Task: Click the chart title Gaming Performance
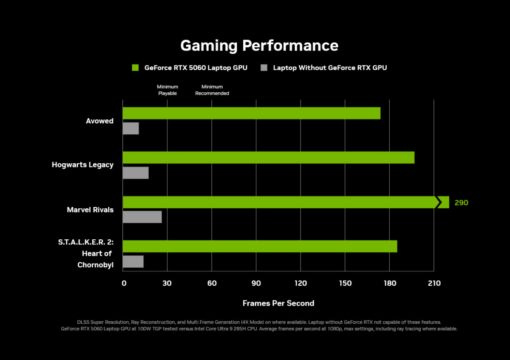[x=259, y=45]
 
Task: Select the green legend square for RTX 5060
[x=136, y=68]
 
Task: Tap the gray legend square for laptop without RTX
[x=264, y=68]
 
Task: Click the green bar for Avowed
[x=251, y=113]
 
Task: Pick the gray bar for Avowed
[x=130, y=128]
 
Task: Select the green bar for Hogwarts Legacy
[x=268, y=157]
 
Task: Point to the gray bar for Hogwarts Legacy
[x=136, y=173]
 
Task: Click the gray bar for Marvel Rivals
[x=142, y=217]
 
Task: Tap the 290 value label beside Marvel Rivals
[x=461, y=203]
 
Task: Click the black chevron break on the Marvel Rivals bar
[x=439, y=202]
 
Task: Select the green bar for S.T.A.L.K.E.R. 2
[x=260, y=246]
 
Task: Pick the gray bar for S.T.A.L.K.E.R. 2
[x=133, y=261]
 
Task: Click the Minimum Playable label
[x=167, y=90]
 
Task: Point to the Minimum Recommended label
[x=212, y=90]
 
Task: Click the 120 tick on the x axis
[x=300, y=283]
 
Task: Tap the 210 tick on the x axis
[x=434, y=283]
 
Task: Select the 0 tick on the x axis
[x=124, y=283]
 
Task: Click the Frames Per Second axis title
[x=278, y=303]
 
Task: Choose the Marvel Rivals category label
[x=90, y=210]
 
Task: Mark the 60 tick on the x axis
[x=212, y=283]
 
